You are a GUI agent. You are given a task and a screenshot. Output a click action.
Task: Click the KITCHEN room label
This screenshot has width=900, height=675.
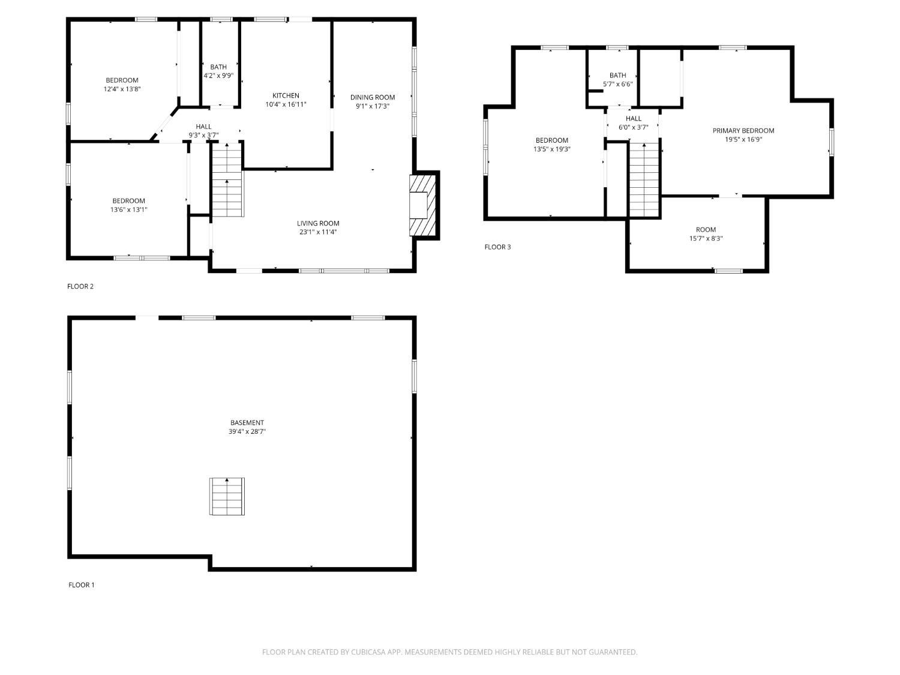pos(286,95)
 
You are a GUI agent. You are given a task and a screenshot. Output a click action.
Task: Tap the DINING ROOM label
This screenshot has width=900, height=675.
pos(373,97)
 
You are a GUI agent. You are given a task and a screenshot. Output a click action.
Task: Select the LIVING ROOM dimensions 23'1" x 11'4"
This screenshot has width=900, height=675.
pos(318,232)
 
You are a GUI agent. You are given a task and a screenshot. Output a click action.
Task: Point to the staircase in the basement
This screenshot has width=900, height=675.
pos(227,496)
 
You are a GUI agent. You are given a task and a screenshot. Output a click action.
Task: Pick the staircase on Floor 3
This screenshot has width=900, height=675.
pos(644,179)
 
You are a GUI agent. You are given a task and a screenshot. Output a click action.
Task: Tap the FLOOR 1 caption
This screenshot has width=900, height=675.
pos(81,585)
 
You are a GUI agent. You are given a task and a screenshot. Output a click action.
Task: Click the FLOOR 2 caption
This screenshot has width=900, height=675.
pos(80,286)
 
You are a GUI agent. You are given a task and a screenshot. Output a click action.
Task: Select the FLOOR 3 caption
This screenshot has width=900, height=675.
pos(497,247)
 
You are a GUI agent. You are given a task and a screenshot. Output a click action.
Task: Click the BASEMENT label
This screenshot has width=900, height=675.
pos(247,422)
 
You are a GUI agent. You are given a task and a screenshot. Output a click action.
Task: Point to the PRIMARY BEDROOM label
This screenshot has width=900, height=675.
pos(743,131)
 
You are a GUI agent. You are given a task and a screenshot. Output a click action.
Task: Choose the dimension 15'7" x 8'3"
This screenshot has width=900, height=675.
pos(706,238)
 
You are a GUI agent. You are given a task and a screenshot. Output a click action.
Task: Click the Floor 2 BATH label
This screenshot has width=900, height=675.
pos(218,67)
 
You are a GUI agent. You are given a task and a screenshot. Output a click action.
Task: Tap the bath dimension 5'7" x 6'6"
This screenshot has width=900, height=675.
pos(617,84)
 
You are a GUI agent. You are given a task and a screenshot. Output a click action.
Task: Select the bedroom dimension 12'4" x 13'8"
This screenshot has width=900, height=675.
pos(122,89)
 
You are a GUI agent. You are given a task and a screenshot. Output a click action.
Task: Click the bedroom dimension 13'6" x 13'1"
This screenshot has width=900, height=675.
pos(128,209)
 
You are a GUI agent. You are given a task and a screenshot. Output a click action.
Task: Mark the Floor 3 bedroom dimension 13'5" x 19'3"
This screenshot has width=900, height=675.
pos(551,149)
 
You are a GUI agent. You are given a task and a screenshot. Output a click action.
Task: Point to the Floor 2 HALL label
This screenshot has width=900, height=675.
pos(203,127)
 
